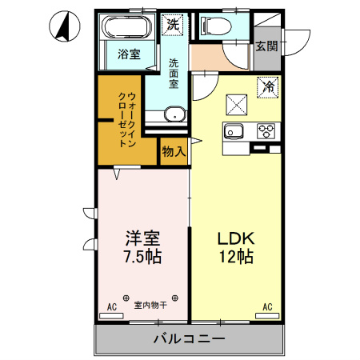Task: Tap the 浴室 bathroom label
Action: pyautogui.click(x=129, y=55)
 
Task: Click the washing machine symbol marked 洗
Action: pyautogui.click(x=173, y=25)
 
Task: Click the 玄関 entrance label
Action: pyautogui.click(x=267, y=46)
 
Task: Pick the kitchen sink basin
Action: pyautogui.click(x=235, y=132)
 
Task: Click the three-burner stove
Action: pyautogui.click(x=266, y=130)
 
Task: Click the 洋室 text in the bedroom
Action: pyautogui.click(x=142, y=239)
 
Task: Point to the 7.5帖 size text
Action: pyautogui.click(x=142, y=258)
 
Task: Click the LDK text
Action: pyautogui.click(x=236, y=238)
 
